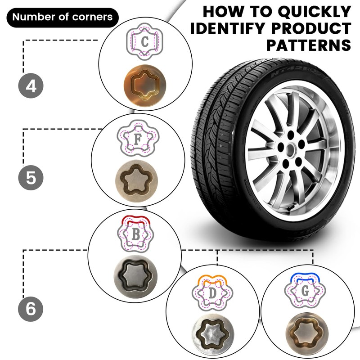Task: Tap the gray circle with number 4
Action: click(31, 85)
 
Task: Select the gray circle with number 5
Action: click(31, 177)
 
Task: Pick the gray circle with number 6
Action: click(31, 310)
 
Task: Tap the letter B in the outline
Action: click(135, 235)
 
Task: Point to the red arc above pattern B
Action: click(135, 220)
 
